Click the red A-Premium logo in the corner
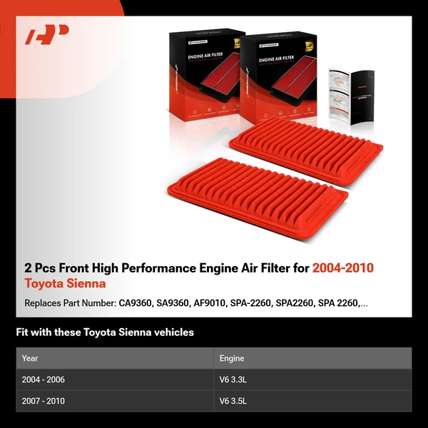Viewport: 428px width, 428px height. pyautogui.click(x=47, y=34)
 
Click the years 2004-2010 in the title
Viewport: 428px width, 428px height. pyautogui.click(x=343, y=268)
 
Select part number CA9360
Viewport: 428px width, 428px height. pyautogui.click(x=136, y=303)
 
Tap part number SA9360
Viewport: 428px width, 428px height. pyautogui.click(x=172, y=303)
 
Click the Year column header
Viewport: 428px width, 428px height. pyautogui.click(x=30, y=358)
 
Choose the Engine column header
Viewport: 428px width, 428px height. pyautogui.click(x=232, y=358)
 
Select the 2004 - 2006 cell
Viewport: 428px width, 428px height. pyautogui.click(x=44, y=379)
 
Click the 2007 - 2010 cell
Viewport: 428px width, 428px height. pyautogui.click(x=44, y=401)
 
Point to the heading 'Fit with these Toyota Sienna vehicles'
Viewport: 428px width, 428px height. pyautogui.click(x=105, y=332)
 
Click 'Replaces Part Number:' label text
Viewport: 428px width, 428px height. pyautogui.click(x=70, y=303)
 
